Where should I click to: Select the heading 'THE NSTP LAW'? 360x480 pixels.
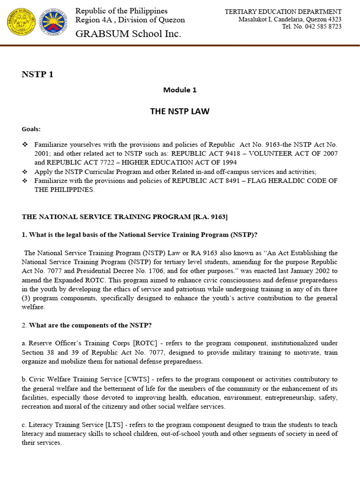pos(180,111)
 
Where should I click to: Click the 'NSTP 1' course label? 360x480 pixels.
pos(37,75)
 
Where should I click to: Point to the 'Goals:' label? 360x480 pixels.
pos(31,129)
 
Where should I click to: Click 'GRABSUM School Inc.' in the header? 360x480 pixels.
pos(128,34)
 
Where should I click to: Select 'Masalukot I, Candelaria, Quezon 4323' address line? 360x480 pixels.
pos(290,19)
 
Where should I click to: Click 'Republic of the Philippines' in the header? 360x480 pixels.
pos(121,11)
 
